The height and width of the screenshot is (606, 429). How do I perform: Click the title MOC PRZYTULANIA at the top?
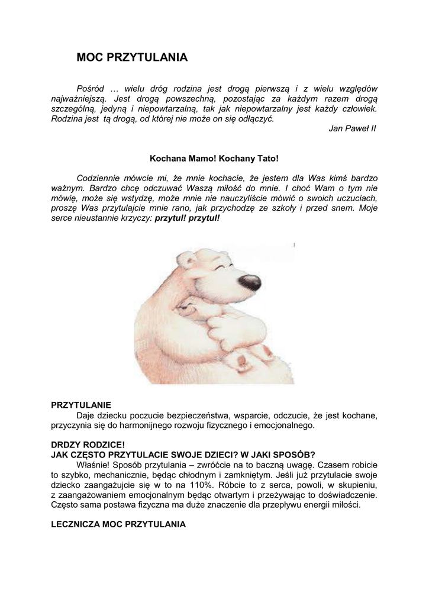[x=132, y=57]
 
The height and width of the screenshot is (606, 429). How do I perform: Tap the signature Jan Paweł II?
[x=352, y=128]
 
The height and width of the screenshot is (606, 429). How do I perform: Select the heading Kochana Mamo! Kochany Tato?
[x=214, y=159]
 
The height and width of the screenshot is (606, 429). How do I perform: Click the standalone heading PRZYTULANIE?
[x=81, y=405]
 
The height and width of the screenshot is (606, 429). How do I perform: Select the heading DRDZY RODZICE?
[x=88, y=444]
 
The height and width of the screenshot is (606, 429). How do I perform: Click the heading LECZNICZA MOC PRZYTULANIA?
[x=118, y=524]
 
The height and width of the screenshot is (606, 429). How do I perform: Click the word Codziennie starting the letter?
[x=103, y=178]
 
